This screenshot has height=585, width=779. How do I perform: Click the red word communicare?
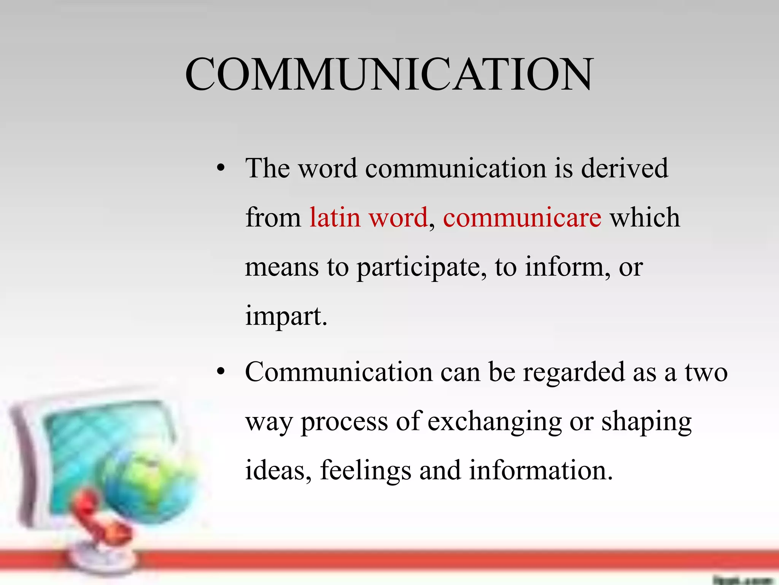(x=522, y=217)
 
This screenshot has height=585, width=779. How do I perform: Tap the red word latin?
(x=335, y=217)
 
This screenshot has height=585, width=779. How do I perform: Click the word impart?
(x=285, y=316)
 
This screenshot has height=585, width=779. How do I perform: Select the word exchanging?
(x=494, y=422)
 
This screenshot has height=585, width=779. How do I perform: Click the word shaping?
(x=646, y=422)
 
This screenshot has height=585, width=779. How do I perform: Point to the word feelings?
(x=366, y=471)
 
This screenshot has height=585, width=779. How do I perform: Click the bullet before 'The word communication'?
(x=221, y=168)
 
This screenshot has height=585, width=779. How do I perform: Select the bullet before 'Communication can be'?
(x=221, y=372)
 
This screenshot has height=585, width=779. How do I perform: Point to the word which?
(x=645, y=217)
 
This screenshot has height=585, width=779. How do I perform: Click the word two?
(x=706, y=372)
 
